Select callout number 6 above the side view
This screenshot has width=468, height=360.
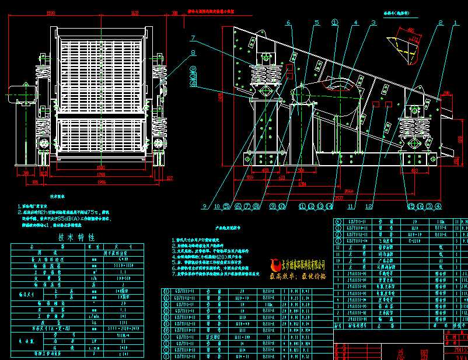click(288, 23)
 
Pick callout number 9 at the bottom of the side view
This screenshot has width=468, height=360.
click(205, 206)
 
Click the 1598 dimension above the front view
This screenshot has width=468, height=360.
click(51, 12)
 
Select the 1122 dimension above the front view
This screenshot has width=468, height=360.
click(135, 12)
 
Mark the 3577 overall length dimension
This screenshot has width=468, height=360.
click(339, 197)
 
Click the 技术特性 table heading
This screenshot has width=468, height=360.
click(76, 237)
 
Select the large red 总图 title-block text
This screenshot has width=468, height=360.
click(394, 352)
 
